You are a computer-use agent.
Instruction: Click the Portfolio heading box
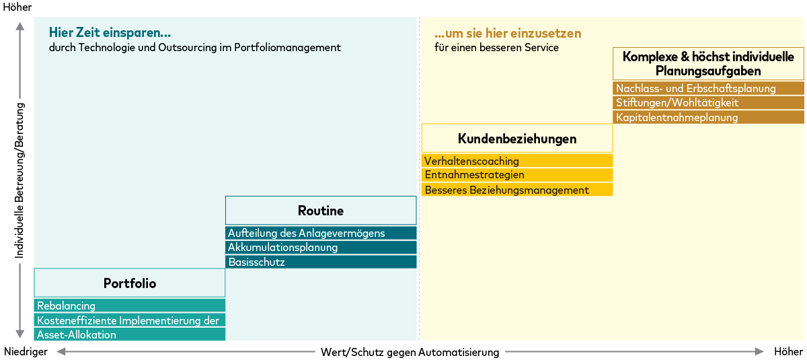[129, 283]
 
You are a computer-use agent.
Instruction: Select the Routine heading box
[321, 211]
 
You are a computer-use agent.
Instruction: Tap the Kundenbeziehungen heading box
[516, 139]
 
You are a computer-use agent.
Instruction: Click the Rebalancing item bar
[129, 305]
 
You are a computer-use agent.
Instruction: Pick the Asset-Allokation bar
[129, 334]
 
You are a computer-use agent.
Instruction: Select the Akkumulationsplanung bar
[321, 248]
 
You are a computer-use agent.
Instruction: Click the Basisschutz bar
[321, 262]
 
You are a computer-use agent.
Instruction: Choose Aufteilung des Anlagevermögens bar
[321, 233]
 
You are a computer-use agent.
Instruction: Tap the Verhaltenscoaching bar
[516, 161]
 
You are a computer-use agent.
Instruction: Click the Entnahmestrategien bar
[516, 175]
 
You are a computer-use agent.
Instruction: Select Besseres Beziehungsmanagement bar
[516, 190]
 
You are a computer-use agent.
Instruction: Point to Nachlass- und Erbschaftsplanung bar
[708, 88]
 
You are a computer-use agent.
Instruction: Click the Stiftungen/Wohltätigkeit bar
[708, 102]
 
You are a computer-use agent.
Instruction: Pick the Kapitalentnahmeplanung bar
[708, 117]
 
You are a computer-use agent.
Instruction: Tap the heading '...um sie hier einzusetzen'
[508, 34]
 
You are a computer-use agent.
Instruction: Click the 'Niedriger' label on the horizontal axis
[26, 352]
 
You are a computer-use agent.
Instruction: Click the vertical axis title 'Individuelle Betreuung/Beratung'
[20, 180]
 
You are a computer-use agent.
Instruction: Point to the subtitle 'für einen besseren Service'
[496, 48]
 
